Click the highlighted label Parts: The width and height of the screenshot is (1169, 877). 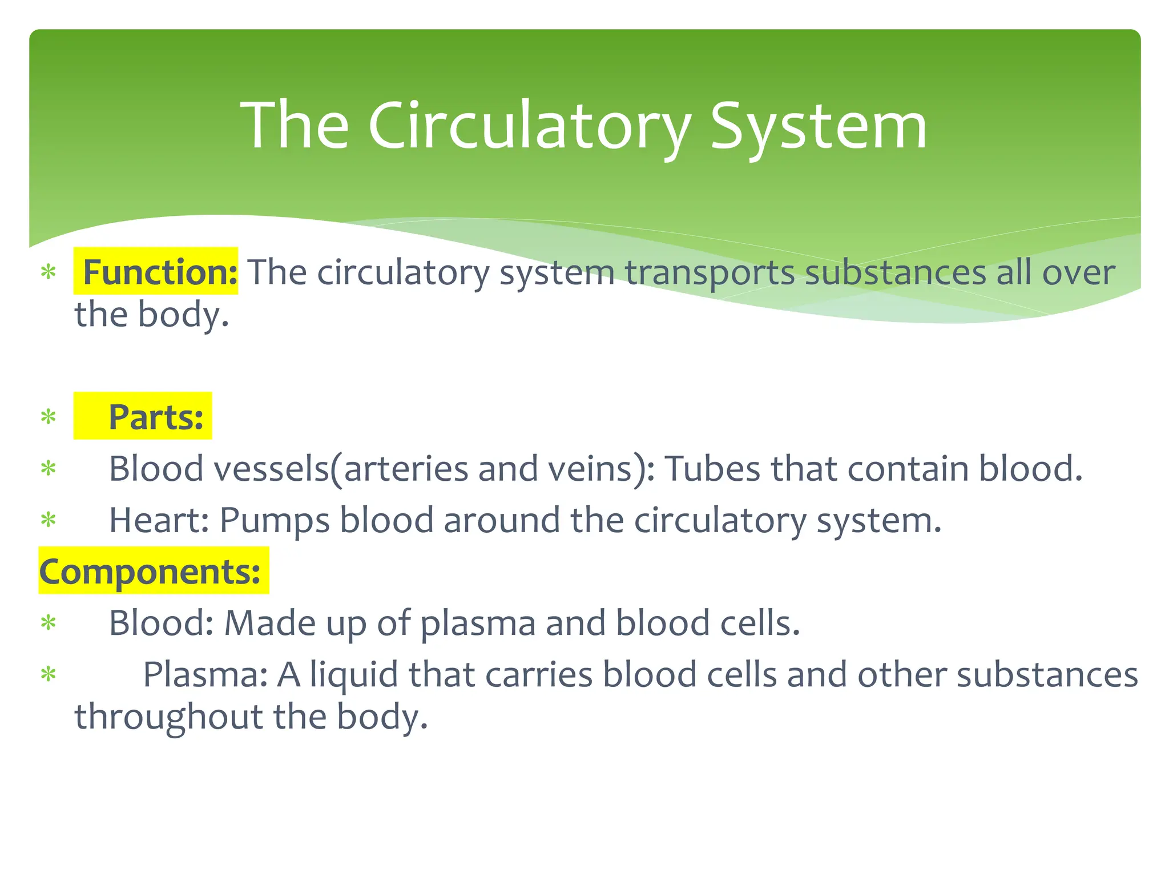(155, 417)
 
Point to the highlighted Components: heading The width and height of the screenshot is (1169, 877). (150, 572)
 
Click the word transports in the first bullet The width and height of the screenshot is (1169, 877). (709, 273)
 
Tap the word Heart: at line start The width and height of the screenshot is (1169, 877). (159, 520)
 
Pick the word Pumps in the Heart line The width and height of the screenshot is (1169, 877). (274, 520)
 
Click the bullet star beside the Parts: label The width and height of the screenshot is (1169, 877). (49, 417)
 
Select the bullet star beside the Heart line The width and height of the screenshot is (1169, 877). (49, 520)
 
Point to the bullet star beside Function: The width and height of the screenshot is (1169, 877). (49, 272)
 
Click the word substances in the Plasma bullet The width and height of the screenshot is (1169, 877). (1047, 674)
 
